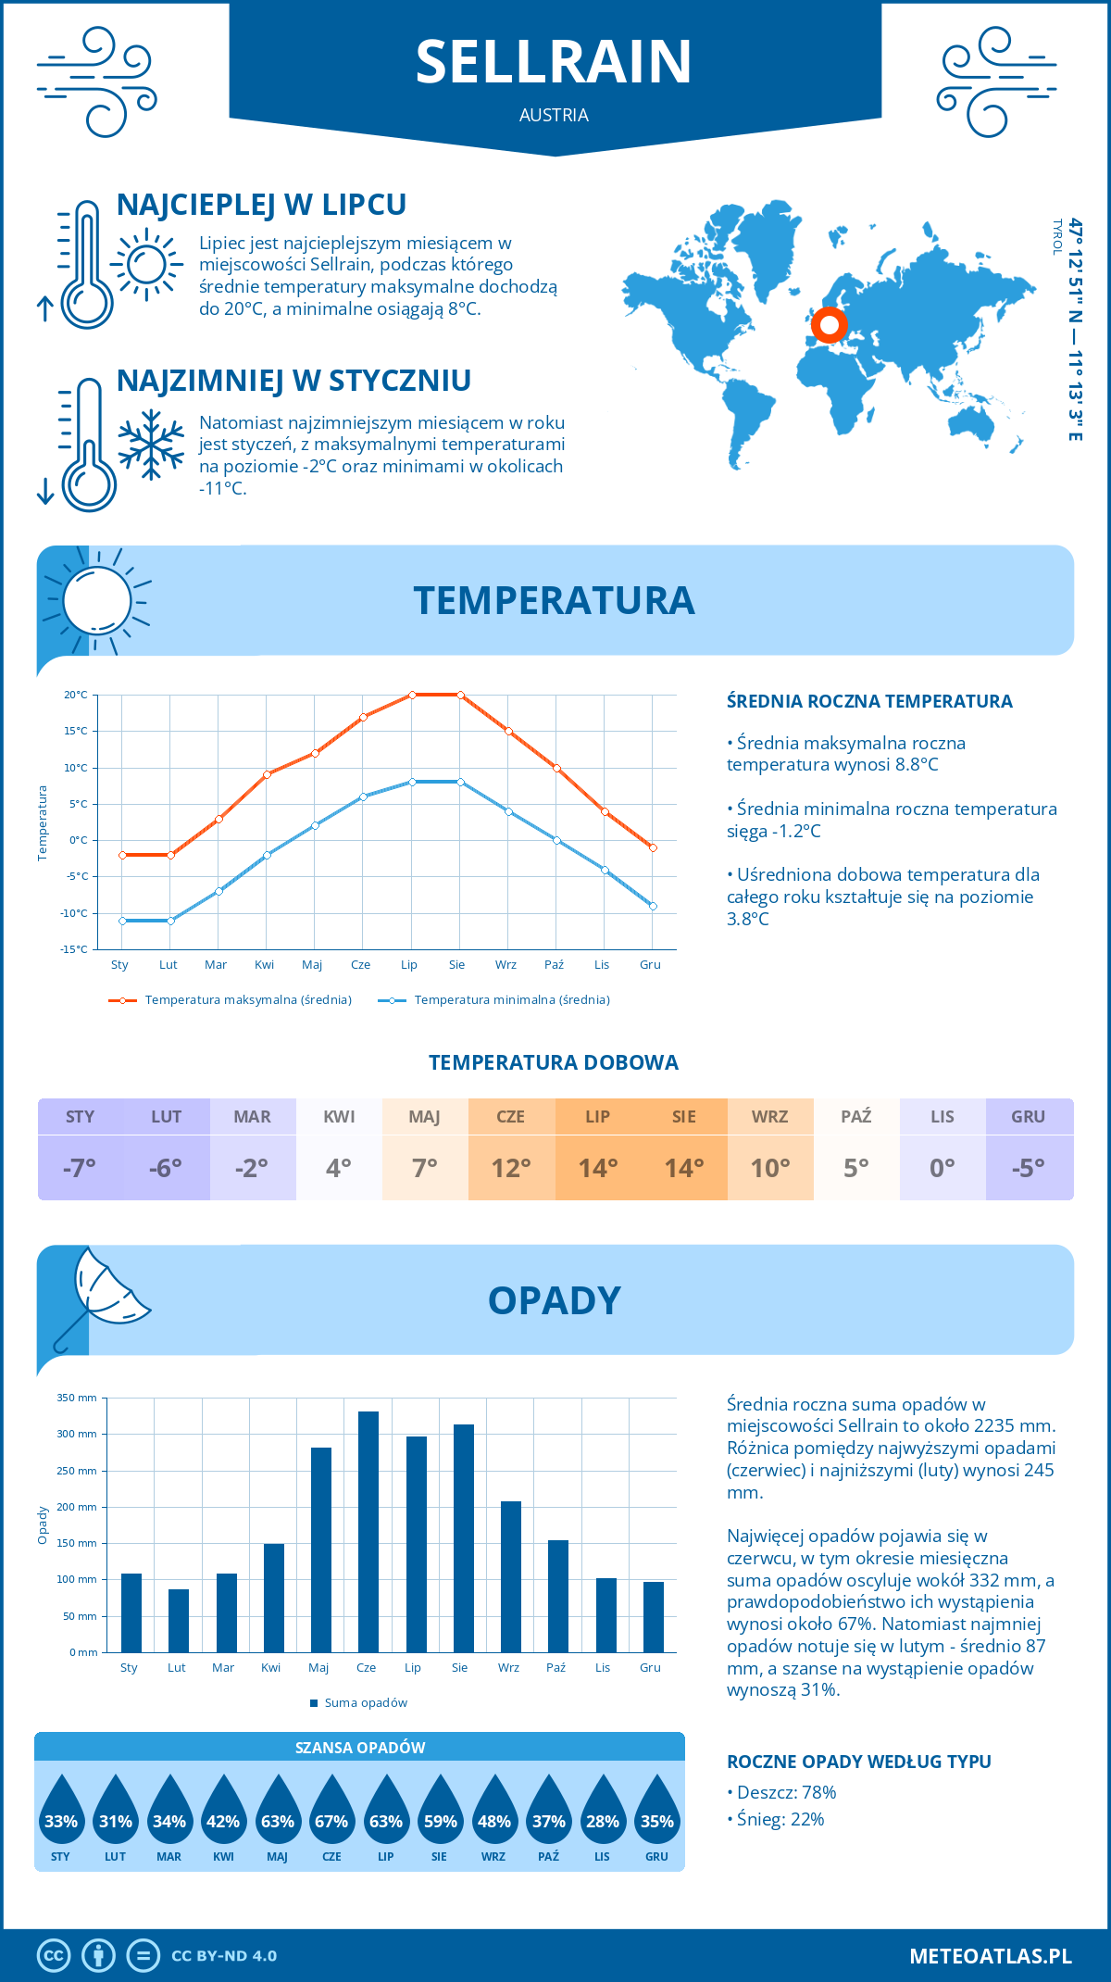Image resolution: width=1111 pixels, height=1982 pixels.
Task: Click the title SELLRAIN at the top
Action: pos(554,62)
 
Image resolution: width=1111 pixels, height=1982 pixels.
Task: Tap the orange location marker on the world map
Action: pos(829,325)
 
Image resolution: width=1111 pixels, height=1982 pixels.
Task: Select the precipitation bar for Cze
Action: pos(368,1532)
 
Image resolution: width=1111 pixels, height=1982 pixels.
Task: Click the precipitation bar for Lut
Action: pos(179,1621)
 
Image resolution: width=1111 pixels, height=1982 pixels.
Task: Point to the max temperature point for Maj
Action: pos(315,753)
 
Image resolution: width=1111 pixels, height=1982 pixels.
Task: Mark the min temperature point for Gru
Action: pos(653,906)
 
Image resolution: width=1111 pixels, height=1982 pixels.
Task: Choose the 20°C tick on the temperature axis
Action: pos(76,695)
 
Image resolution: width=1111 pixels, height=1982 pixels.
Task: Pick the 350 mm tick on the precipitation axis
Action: pos(77,1398)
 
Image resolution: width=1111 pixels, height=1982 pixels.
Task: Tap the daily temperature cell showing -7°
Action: pos(80,1168)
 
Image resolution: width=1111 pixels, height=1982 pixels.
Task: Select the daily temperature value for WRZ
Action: pos(770,1168)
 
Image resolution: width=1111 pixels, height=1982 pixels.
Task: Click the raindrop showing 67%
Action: pos(331,1821)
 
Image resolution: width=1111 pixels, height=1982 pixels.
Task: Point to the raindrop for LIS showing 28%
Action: pos(603,1821)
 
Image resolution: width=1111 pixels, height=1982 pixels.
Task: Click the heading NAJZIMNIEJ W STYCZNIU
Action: pos(293,381)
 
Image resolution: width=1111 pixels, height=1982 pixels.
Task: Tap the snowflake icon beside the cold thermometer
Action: pos(151,445)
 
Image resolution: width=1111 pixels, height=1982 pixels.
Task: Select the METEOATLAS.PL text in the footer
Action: pos(990,1955)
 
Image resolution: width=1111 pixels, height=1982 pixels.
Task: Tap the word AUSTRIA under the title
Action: pos(554,115)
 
